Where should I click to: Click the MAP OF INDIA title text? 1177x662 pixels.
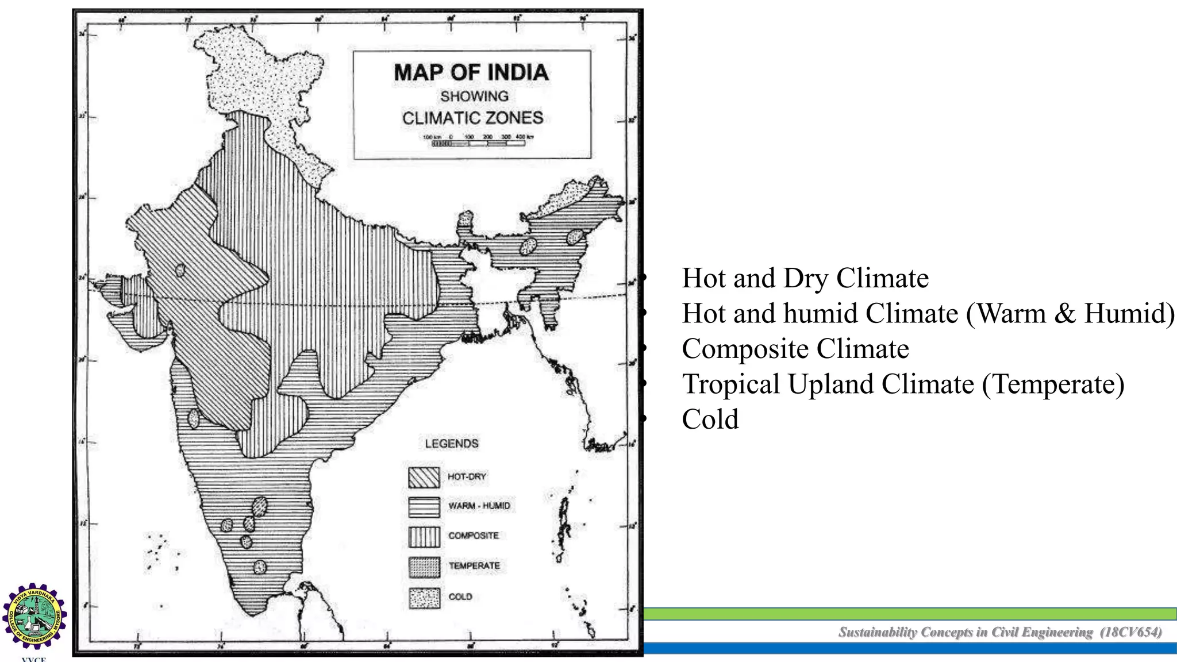click(471, 72)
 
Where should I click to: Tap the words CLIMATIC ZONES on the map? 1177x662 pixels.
click(472, 118)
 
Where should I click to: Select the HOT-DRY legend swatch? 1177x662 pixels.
click(424, 477)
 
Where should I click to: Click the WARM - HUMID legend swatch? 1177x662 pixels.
click(424, 506)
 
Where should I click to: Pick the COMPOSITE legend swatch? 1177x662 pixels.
click(424, 536)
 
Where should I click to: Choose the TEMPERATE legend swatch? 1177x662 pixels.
click(424, 567)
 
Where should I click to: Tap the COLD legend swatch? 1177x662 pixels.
click(424, 598)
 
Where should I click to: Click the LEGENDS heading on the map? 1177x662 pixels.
click(452, 444)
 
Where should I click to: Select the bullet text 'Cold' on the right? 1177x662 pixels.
click(710, 419)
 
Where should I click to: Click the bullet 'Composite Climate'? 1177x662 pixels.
click(795, 349)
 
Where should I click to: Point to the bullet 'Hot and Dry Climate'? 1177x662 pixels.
click(805, 278)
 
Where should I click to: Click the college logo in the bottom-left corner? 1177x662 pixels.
click(35, 616)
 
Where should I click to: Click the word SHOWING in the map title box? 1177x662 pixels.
click(474, 96)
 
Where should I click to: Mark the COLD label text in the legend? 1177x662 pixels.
click(460, 597)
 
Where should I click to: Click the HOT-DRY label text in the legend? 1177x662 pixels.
click(467, 477)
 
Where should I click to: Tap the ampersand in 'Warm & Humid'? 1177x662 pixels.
click(1064, 314)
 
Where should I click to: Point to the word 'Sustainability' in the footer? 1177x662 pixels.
click(878, 632)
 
